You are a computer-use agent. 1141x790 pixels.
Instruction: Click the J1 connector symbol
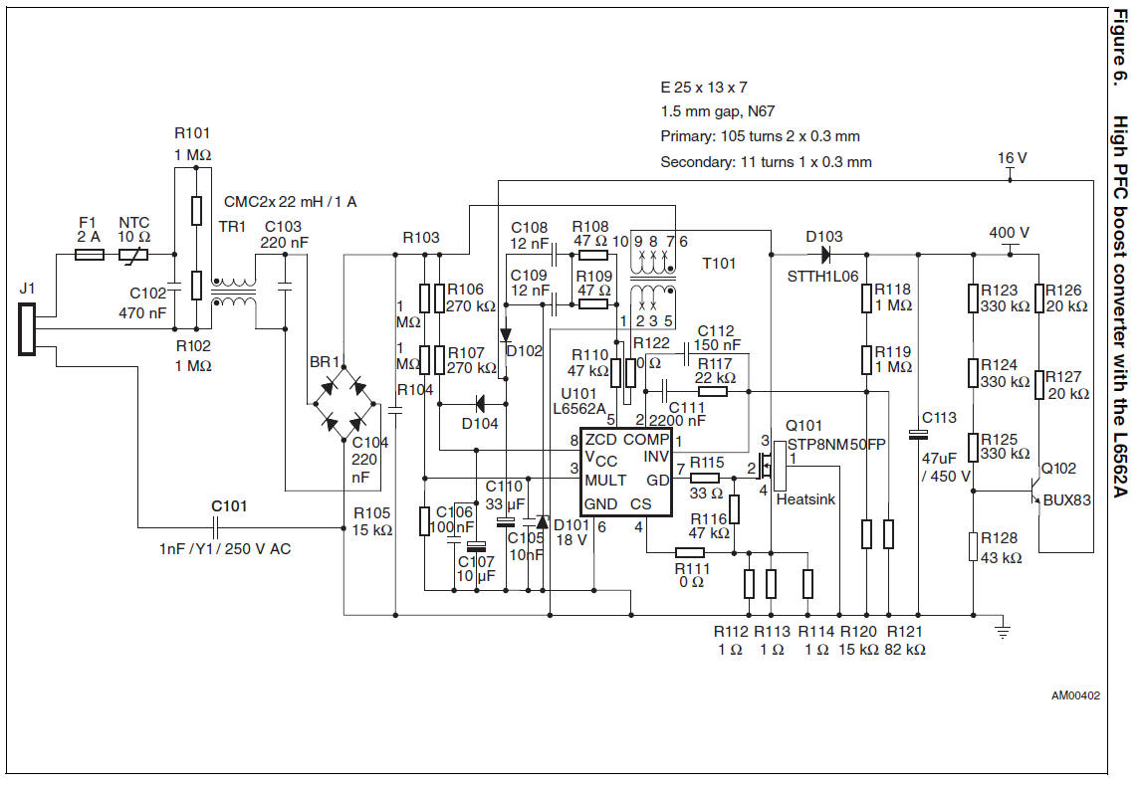(26, 330)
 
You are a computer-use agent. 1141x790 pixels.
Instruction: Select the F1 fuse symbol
(91, 255)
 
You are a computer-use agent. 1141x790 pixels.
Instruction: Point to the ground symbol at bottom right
(1004, 630)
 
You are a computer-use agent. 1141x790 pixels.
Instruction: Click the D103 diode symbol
(823, 256)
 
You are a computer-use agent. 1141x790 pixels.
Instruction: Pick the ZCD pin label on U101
(601, 439)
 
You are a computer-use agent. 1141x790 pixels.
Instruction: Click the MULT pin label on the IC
(605, 481)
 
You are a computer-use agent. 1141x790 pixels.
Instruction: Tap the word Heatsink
(805, 498)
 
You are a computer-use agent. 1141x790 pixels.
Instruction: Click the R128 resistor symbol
(972, 546)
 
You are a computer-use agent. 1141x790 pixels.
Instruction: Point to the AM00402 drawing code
(1075, 696)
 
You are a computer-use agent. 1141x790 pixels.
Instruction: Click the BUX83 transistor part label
(1067, 500)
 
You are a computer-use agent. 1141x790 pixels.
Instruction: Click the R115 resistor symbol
(704, 479)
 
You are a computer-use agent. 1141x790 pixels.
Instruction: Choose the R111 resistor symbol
(689, 552)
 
